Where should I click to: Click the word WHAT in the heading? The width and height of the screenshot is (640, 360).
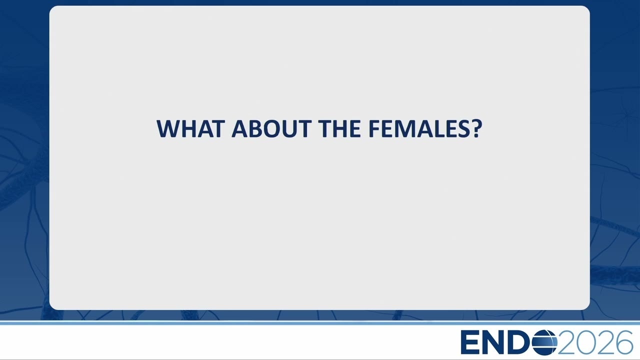(x=189, y=129)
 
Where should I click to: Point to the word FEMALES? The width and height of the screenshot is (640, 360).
(x=419, y=129)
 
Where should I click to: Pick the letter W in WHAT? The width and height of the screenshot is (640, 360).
(x=169, y=129)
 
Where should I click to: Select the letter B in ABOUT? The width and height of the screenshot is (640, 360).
(x=255, y=129)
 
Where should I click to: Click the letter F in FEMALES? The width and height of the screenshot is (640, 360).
(x=375, y=129)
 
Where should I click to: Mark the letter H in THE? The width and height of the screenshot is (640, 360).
(x=340, y=129)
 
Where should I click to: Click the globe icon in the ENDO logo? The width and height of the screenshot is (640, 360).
(x=544, y=342)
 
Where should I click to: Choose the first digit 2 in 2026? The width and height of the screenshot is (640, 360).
(x=567, y=342)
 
